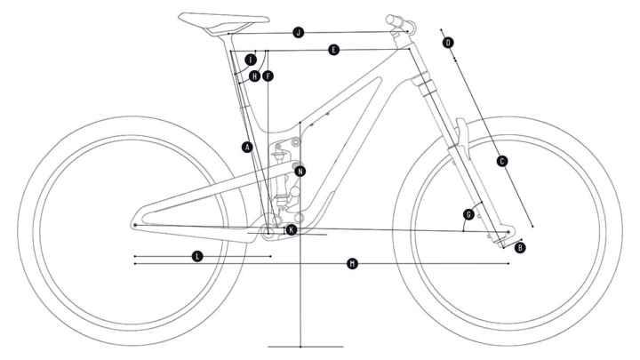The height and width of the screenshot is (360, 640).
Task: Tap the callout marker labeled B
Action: [x=520, y=246]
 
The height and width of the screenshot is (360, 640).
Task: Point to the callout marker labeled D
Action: [x=448, y=42]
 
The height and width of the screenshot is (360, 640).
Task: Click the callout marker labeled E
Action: [x=332, y=51]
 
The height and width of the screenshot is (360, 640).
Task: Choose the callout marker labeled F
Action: [x=268, y=76]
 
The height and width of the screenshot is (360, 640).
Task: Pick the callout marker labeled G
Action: [x=468, y=214]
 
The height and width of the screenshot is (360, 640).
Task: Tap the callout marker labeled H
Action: [x=255, y=76]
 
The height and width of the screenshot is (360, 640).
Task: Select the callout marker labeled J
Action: [x=299, y=32]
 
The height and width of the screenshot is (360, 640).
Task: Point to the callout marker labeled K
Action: [x=291, y=229]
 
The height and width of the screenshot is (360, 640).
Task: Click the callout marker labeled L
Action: [x=197, y=256]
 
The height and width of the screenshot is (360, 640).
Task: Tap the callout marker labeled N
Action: [x=300, y=170]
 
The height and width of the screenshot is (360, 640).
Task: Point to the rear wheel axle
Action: [x=134, y=226]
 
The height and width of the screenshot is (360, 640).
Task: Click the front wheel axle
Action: [x=508, y=231]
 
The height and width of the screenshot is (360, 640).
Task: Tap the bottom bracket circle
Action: [x=268, y=229]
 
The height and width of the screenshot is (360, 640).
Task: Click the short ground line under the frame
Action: [x=305, y=345]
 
